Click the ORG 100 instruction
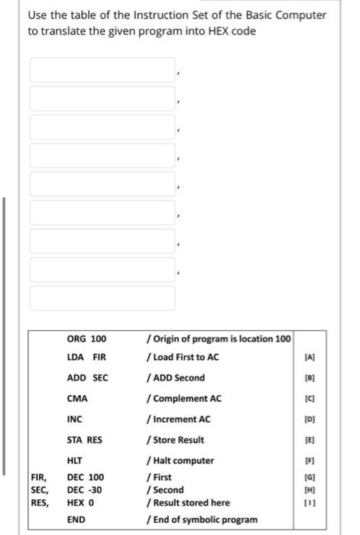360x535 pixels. pyautogui.click(x=86, y=339)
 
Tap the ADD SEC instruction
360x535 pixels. pyautogui.click(x=88, y=378)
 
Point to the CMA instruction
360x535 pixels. pyautogui.click(x=77, y=398)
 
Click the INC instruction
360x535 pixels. pyautogui.click(x=75, y=419)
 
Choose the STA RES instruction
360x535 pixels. pyautogui.click(x=85, y=439)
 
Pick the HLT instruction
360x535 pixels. pyautogui.click(x=75, y=461)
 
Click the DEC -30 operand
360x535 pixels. pyautogui.click(x=86, y=489)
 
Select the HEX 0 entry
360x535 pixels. pyautogui.click(x=81, y=502)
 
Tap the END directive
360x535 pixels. pyautogui.click(x=76, y=520)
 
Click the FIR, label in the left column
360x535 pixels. pyautogui.click(x=40, y=477)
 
